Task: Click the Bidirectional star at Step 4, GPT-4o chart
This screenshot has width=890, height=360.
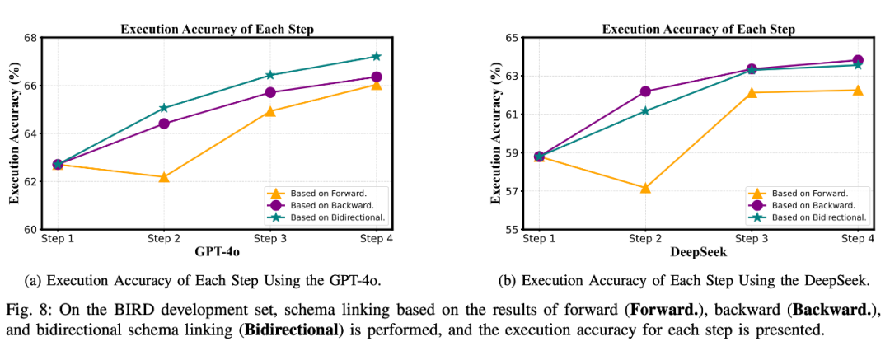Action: [376, 56]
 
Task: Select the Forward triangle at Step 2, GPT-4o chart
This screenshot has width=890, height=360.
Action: [164, 176]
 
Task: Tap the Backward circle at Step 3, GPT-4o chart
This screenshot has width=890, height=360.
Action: [270, 92]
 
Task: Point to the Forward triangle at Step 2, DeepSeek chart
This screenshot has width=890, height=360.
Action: [645, 188]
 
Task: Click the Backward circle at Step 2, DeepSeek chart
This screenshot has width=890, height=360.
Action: [645, 91]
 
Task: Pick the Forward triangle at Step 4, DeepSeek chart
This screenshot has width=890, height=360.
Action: [858, 90]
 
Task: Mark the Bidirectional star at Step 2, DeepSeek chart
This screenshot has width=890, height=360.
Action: [645, 110]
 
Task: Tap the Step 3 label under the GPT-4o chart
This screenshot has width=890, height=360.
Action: [270, 240]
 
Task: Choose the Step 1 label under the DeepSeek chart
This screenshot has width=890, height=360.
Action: [539, 240]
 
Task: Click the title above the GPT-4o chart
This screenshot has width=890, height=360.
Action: [216, 28]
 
